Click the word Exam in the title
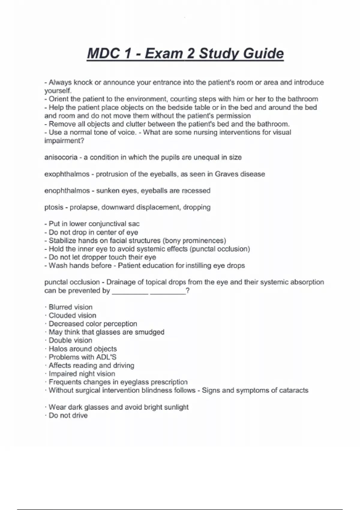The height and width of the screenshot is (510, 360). coord(164,54)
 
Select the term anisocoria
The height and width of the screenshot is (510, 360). coord(61,157)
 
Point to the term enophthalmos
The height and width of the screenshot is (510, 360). coord(67,191)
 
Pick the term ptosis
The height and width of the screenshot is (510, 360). coord(54,207)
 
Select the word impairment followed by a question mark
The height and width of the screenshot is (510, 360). coord(63,141)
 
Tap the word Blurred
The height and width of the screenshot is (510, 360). coord(61,307)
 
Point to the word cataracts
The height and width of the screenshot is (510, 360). coord(294,390)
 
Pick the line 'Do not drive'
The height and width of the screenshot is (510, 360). coord(68,415)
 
